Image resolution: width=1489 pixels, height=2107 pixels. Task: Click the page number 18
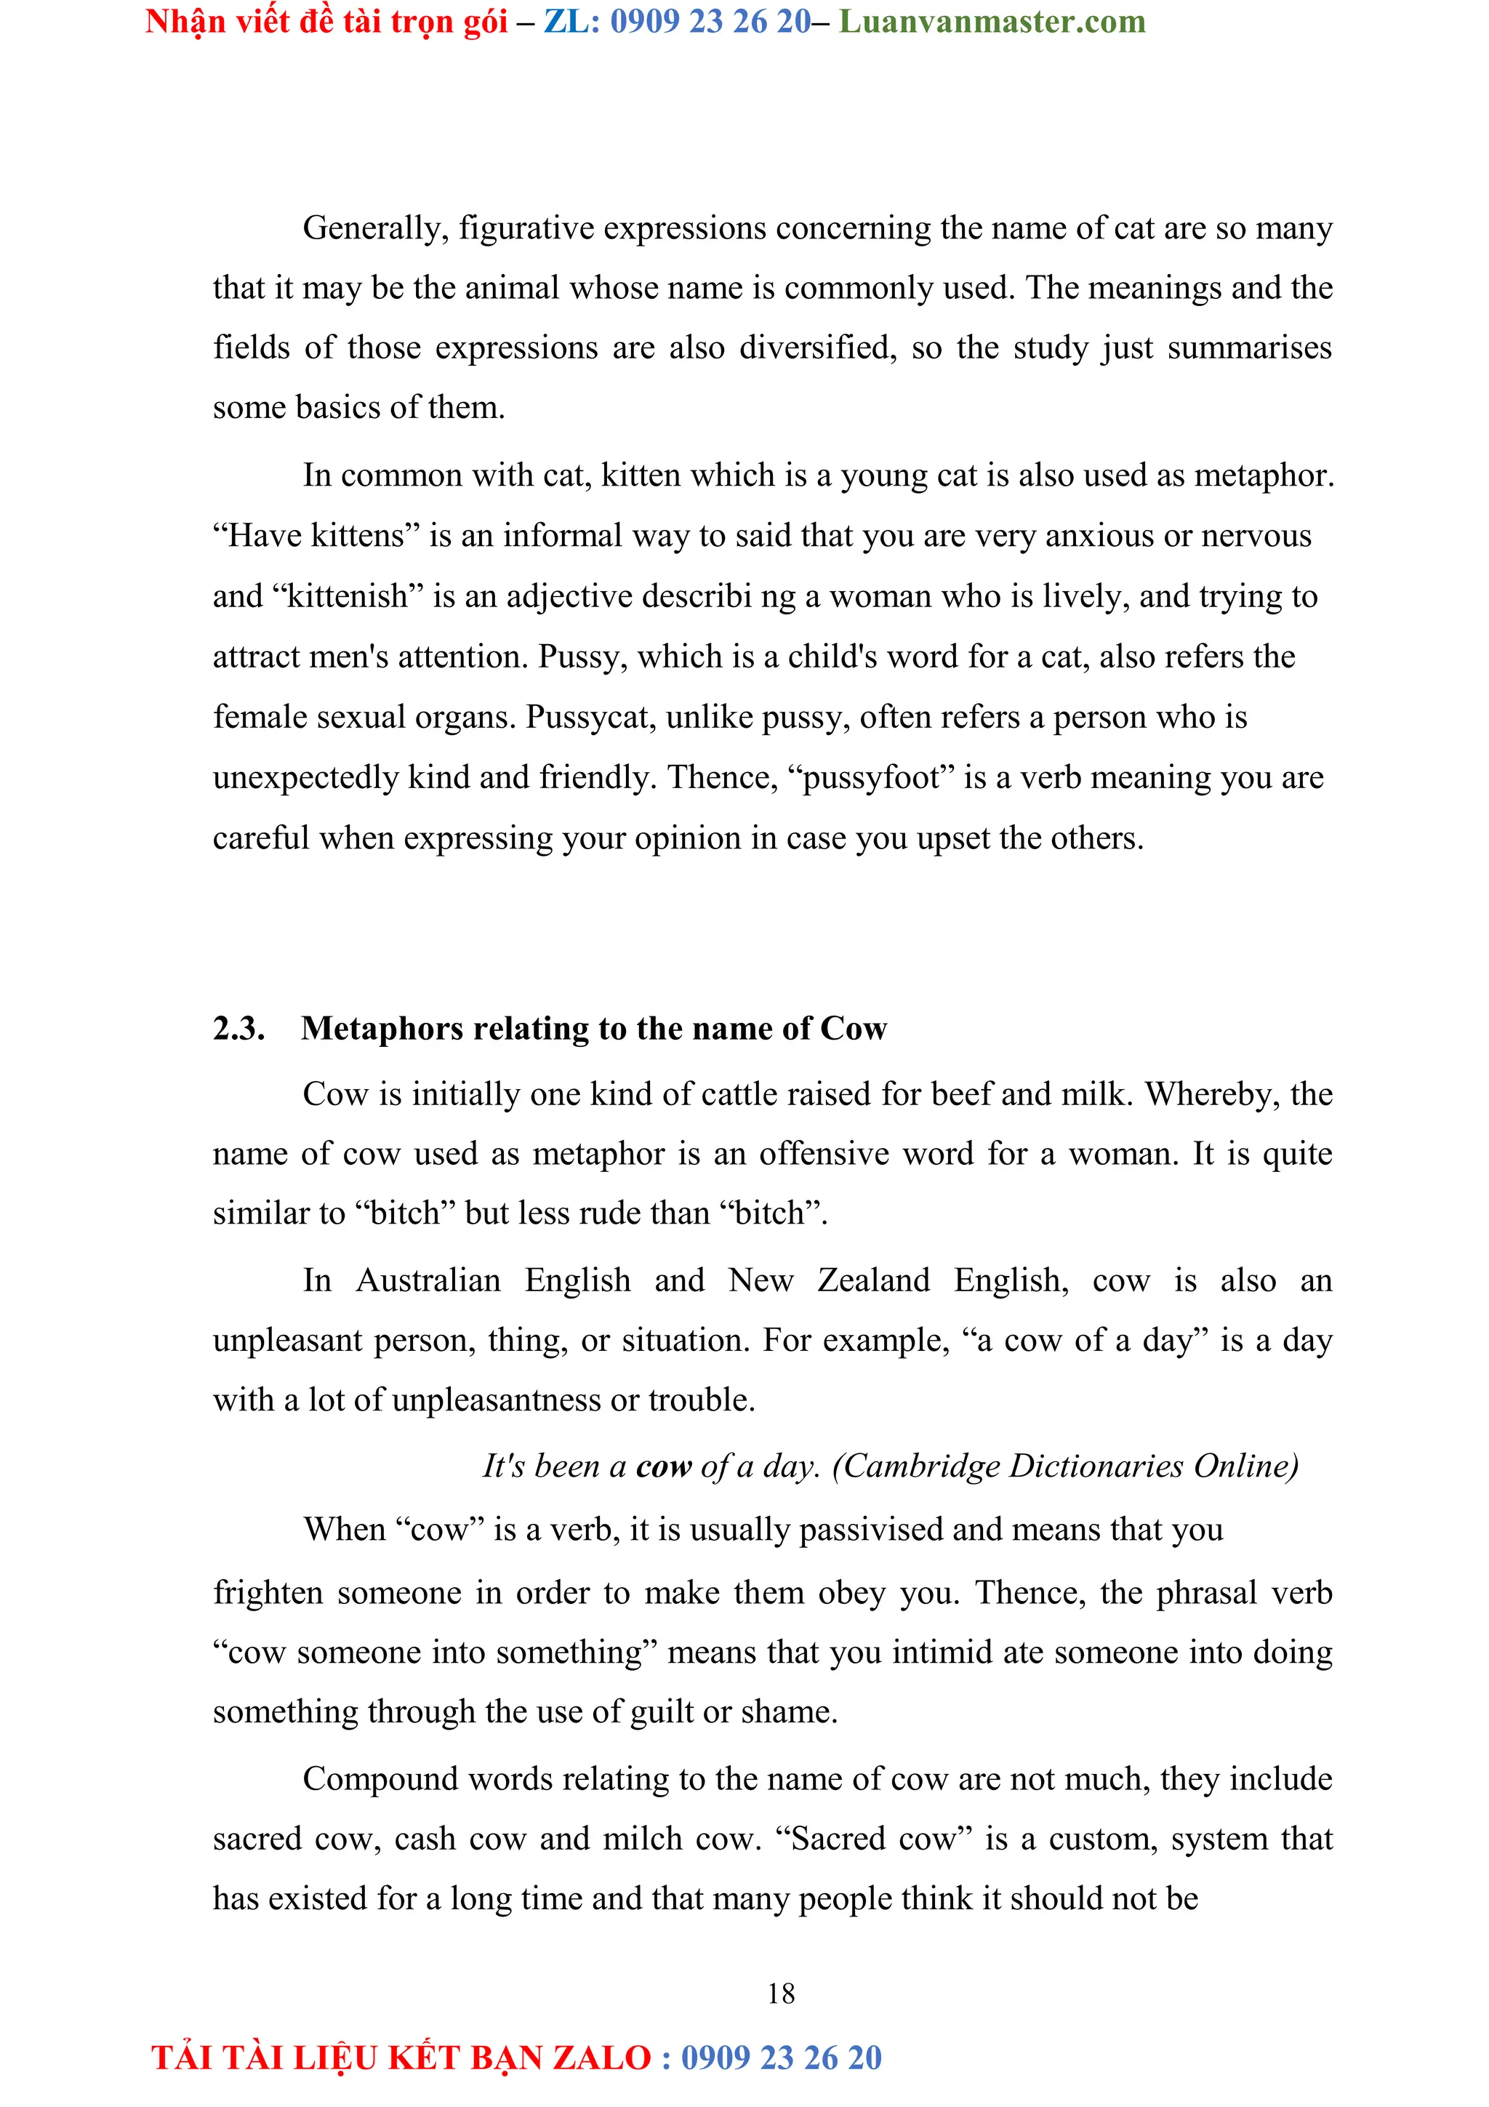click(x=781, y=1993)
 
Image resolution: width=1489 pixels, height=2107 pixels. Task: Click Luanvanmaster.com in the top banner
click(x=992, y=21)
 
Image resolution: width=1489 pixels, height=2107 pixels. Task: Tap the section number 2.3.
click(x=238, y=1029)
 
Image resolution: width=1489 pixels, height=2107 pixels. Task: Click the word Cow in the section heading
click(x=854, y=1029)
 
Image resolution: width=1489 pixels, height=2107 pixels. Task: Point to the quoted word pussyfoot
click(x=871, y=778)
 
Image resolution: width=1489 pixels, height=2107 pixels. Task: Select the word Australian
click(x=428, y=1280)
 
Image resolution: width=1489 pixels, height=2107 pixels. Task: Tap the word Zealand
click(x=873, y=1280)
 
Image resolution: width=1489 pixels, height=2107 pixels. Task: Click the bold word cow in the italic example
click(x=663, y=1466)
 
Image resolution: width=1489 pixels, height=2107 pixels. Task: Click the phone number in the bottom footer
click(x=781, y=2058)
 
